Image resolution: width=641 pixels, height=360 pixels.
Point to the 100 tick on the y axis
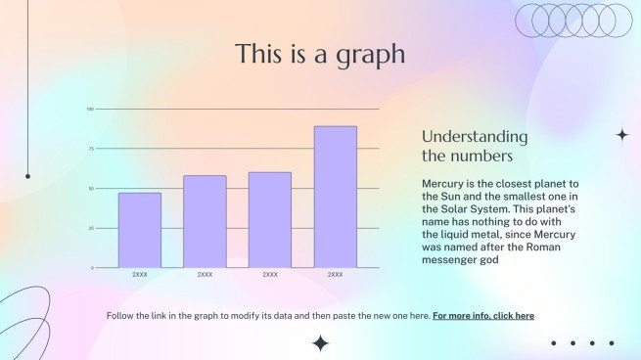click(89, 109)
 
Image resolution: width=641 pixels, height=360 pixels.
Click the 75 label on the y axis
click(90, 149)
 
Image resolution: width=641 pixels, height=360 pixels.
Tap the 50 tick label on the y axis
click(90, 189)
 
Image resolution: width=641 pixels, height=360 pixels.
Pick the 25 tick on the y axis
click(90, 228)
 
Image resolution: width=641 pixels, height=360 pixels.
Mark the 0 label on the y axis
click(92, 268)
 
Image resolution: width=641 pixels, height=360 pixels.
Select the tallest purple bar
click(335, 196)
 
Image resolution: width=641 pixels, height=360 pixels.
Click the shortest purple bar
click(140, 230)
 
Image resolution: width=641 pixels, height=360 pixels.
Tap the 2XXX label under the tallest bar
click(335, 275)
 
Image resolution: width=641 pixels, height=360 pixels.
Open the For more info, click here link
click(483, 316)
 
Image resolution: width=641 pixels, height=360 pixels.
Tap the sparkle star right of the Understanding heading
click(621, 135)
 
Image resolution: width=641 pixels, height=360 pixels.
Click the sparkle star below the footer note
click(320, 342)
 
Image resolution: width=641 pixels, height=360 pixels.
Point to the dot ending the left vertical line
click(27, 176)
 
